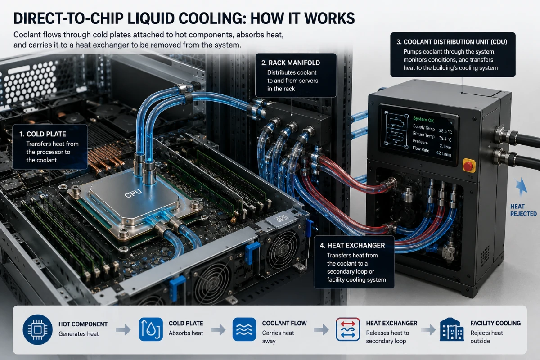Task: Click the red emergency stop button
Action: [x=468, y=166]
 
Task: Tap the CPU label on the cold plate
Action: [x=133, y=193]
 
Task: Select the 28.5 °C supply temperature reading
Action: [x=445, y=131]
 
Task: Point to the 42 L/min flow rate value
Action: [x=444, y=153]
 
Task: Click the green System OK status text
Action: [x=423, y=119]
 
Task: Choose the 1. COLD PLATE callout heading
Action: [x=43, y=134]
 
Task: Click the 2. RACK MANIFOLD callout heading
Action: [x=291, y=63]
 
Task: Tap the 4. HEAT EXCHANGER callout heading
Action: [x=352, y=245]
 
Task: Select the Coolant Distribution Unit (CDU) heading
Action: [x=452, y=42]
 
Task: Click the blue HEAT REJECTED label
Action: [x=523, y=210]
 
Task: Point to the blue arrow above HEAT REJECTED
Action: [x=521, y=186]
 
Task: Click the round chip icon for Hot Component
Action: [x=38, y=329]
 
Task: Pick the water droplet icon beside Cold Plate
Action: [x=151, y=329]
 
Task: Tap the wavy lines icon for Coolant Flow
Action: [x=244, y=329]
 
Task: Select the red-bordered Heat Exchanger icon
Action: [x=348, y=329]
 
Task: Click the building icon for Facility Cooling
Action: [x=452, y=329]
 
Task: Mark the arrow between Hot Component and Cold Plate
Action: [x=123, y=329]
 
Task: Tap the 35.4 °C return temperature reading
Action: [x=445, y=139]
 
